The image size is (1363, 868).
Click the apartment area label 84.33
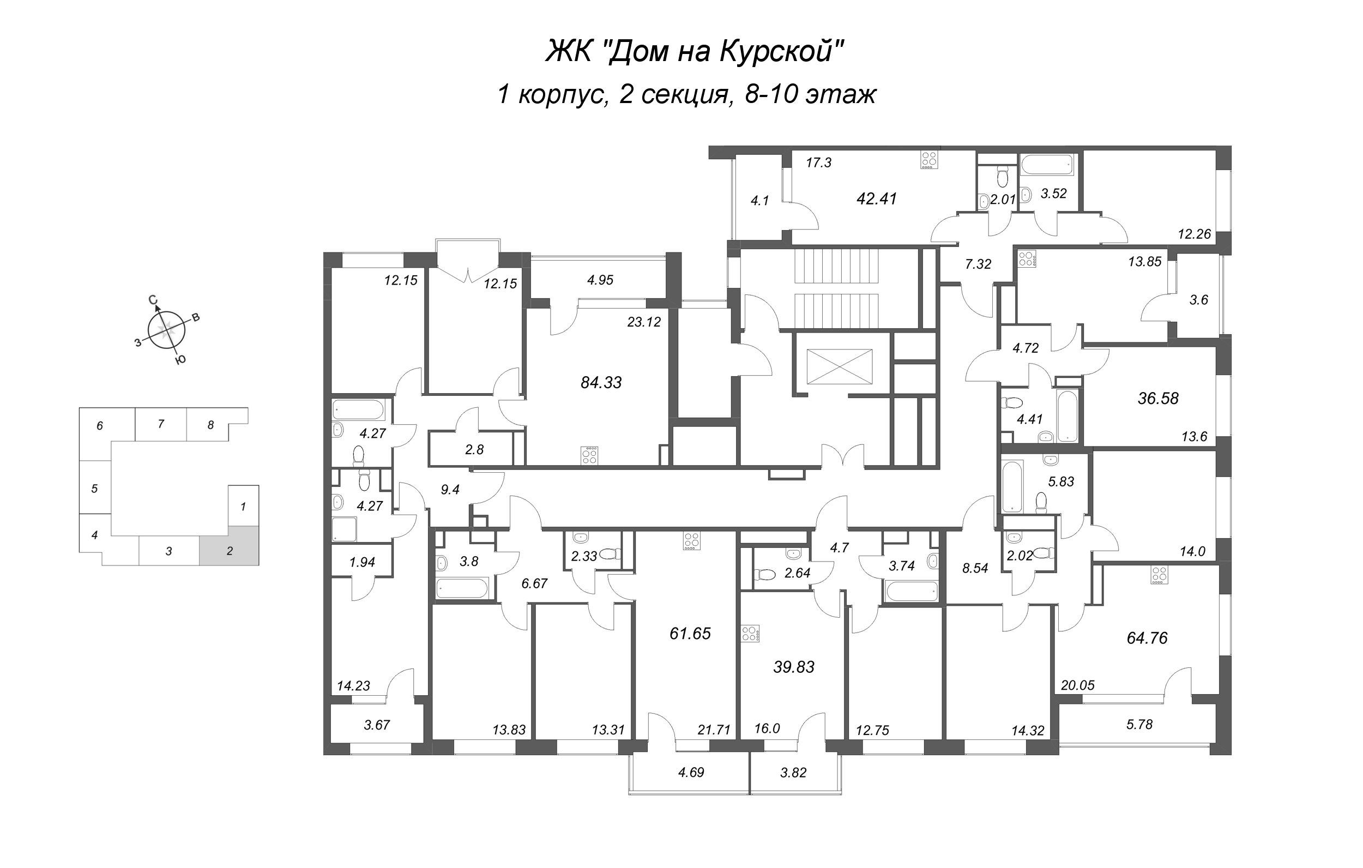click(x=601, y=383)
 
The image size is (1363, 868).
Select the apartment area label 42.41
click(x=876, y=199)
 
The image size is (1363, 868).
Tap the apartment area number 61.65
click(x=690, y=634)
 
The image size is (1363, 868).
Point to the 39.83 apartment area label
click(x=794, y=667)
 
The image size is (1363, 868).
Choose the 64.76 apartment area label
click(x=1147, y=638)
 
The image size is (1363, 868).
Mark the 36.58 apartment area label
click(x=1158, y=399)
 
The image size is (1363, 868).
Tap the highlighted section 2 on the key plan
click(x=229, y=545)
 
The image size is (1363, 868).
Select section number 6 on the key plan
click(x=100, y=426)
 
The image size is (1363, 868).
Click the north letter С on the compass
click(x=152, y=300)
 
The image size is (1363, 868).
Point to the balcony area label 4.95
click(x=600, y=280)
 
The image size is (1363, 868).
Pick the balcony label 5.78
click(x=1139, y=724)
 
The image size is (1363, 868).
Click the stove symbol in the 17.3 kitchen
click(x=928, y=160)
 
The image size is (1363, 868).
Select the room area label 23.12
click(x=644, y=322)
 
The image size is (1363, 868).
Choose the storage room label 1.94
click(x=362, y=562)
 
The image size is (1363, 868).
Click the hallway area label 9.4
click(x=450, y=490)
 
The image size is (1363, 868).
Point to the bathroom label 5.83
click(x=1062, y=481)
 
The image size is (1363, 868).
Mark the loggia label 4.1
click(x=759, y=201)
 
